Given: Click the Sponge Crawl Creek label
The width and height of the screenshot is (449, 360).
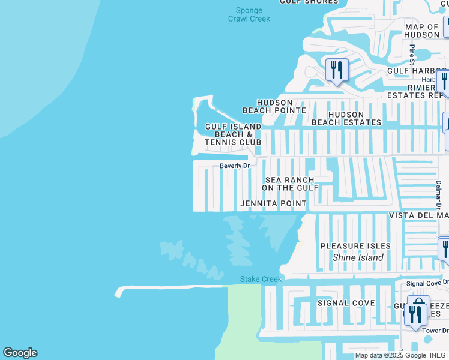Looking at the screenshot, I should tap(249, 14).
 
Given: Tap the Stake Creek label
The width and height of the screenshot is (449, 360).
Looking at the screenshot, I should tap(261, 279).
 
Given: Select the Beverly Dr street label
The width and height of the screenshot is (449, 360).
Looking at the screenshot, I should tap(234, 166).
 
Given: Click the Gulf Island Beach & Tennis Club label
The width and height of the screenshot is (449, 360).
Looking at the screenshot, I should tap(233, 134).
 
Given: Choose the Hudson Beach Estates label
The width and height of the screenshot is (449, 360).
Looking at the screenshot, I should tap(346, 118).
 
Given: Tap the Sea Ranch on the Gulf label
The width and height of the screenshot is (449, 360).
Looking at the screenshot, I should tap(292, 184).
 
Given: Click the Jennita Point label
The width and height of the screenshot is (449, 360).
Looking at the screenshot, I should tap(273, 203).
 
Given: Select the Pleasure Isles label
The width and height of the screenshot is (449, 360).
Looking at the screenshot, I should tap(355, 246).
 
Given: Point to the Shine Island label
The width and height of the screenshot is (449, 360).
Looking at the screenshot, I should tap(358, 257).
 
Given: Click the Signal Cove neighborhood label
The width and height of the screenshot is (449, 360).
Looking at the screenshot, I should tap(346, 303).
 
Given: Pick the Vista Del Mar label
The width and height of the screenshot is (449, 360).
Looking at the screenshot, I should tap(418, 215).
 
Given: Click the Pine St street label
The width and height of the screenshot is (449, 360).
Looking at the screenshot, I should tap(412, 54).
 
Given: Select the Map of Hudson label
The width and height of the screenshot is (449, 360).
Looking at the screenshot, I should tap(422, 31).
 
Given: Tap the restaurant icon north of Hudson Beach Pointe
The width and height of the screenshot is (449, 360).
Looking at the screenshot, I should tap(337, 70).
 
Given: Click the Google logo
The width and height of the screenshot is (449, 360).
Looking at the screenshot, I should tap(20, 353).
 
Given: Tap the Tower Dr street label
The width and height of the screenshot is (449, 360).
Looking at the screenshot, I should tap(436, 331).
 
